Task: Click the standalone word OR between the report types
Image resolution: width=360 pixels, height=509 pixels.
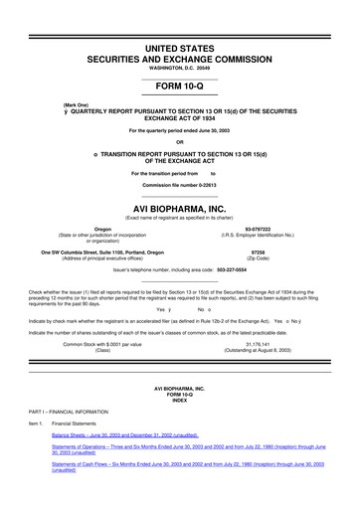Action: [x=180, y=141]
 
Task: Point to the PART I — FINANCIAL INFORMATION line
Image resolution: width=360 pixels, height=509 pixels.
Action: [x=69, y=410]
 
